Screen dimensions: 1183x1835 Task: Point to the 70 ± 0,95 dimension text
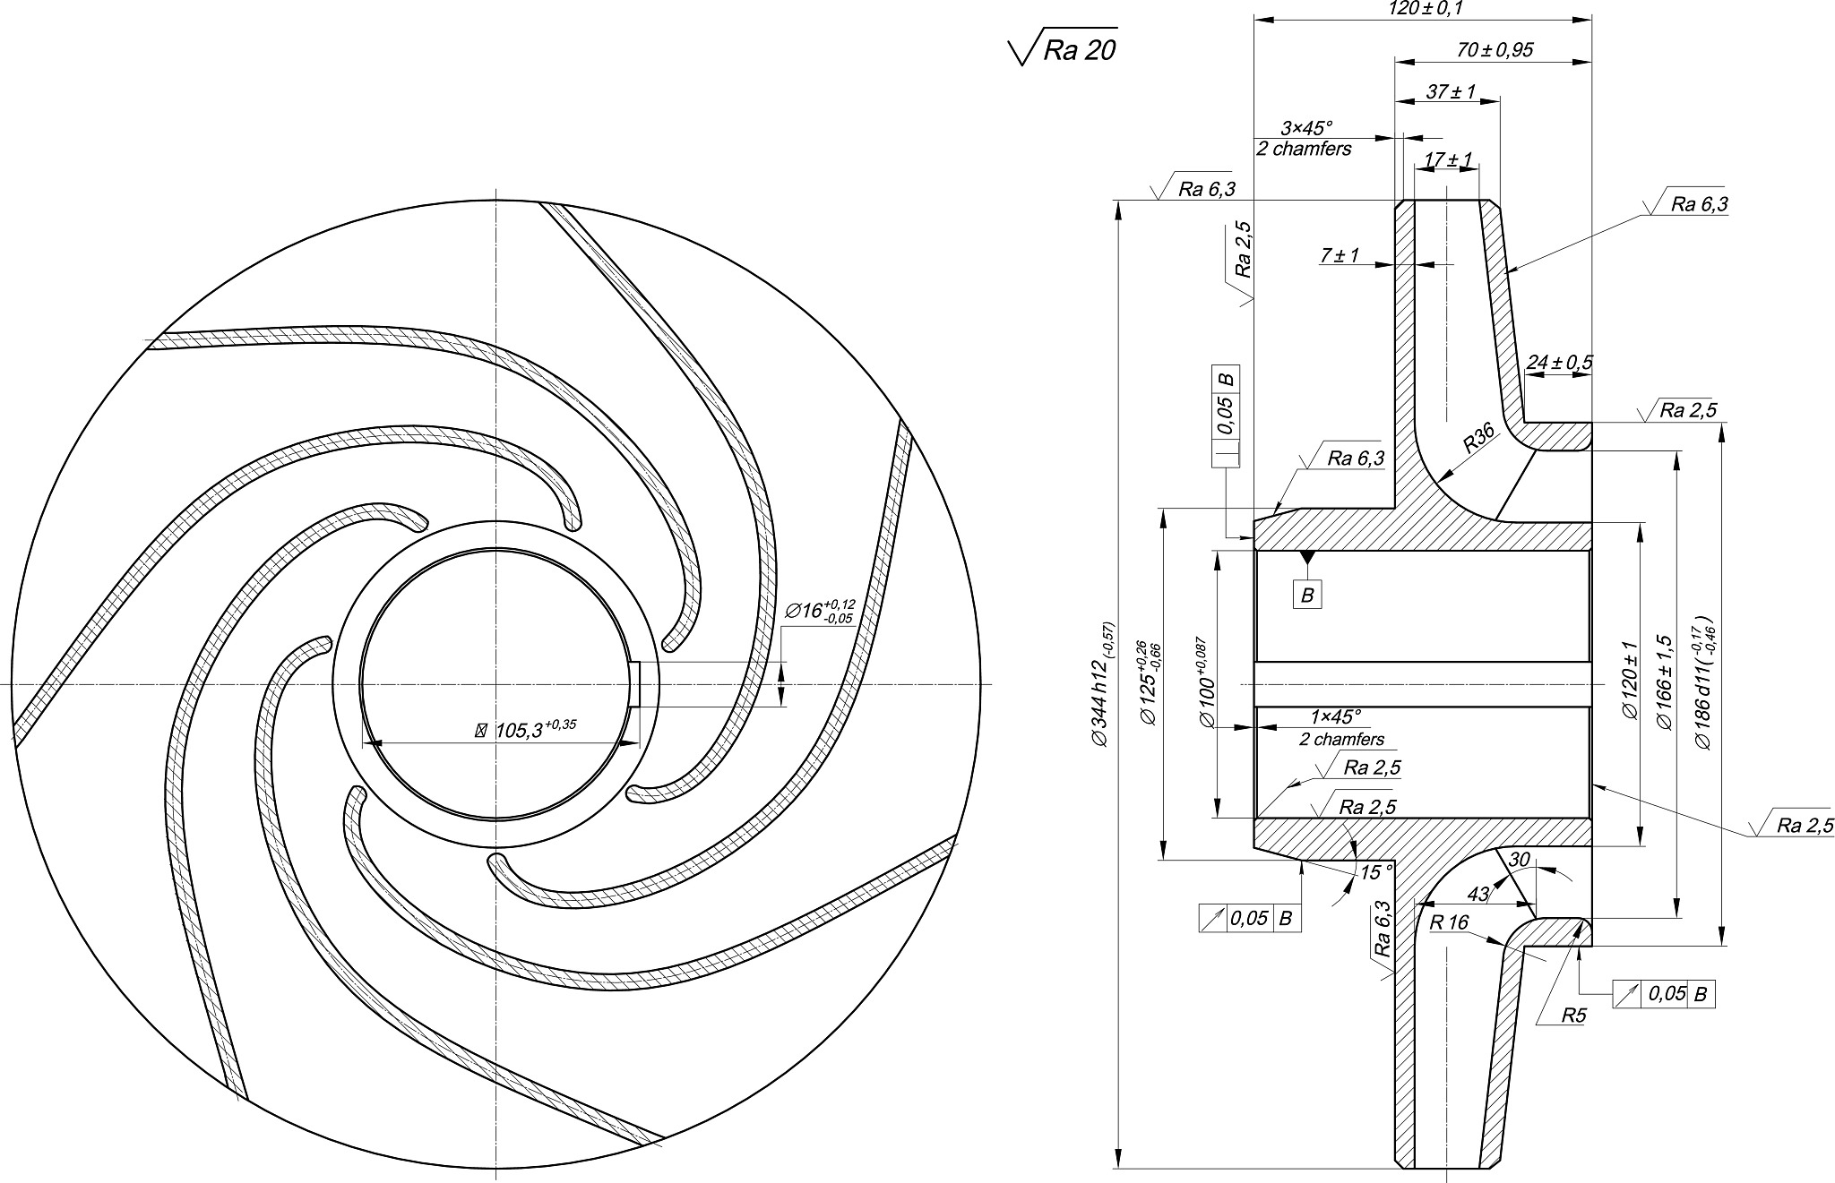[x=1495, y=50]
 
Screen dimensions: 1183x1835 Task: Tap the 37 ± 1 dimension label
[x=1451, y=91]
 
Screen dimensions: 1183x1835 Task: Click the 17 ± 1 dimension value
[x=1448, y=159]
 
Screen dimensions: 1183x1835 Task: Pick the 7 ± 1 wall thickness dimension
[x=1340, y=256]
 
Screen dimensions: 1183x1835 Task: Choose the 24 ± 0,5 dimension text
[x=1559, y=363]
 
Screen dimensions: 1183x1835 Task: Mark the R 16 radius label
[x=1449, y=923]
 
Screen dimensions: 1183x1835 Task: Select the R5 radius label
[x=1573, y=1016]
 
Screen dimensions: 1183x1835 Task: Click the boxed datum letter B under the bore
[x=1307, y=596]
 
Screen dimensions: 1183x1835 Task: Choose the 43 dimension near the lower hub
[x=1477, y=894]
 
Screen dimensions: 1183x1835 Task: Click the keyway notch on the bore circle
[x=637, y=684]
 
